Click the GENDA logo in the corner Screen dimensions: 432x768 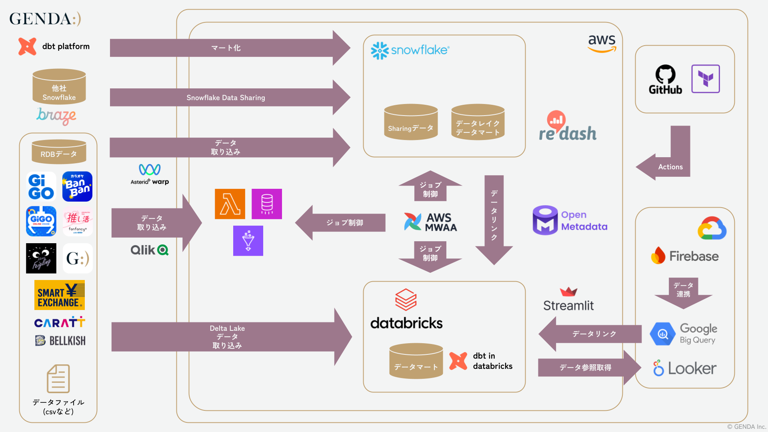45,19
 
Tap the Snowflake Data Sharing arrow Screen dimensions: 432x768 226,98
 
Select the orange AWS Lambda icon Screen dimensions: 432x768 230,204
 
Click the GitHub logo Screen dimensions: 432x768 665,80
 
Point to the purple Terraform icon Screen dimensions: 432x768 706,79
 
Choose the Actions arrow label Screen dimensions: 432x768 670,167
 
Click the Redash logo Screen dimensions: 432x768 568,127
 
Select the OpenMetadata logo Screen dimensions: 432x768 570,220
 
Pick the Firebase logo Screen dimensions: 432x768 685,256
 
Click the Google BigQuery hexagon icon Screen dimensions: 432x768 662,334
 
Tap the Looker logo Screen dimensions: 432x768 685,368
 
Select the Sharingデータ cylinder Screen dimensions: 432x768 411,122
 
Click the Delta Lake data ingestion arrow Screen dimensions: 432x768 227,337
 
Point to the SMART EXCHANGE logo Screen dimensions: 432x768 60,295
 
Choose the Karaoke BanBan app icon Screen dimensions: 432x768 77,186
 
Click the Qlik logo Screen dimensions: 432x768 149,250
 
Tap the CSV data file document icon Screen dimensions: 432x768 58,379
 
